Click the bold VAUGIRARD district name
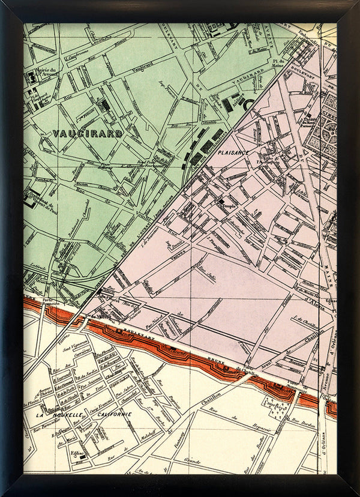pyautogui.click(x=87, y=133)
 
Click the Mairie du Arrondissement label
pyautogui.click(x=41, y=74)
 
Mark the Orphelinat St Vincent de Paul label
pyautogui.click(x=37, y=204)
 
